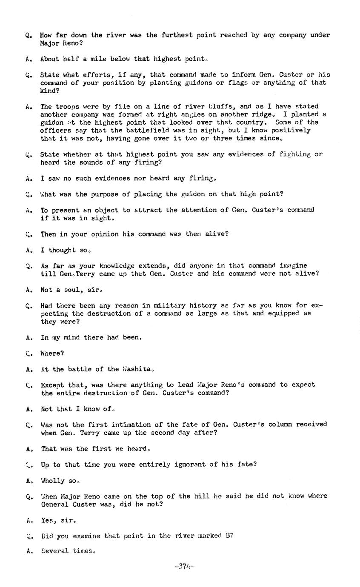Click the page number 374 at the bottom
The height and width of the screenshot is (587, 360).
[184, 567]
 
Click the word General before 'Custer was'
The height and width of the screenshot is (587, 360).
[55, 504]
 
